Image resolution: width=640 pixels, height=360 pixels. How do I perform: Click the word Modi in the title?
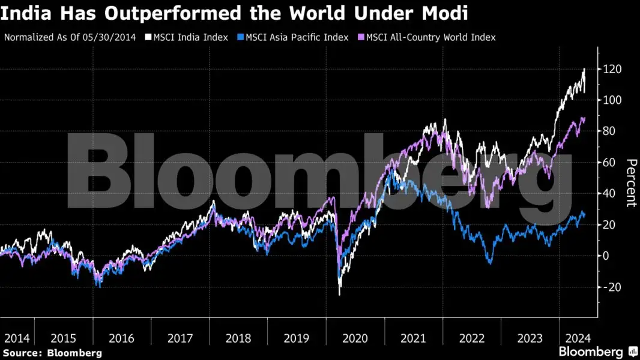click(446, 13)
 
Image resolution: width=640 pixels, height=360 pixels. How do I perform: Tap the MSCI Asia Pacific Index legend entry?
click(297, 37)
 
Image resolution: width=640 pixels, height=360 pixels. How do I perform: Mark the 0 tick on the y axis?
click(606, 256)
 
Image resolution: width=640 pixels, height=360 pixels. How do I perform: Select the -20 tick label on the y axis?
click(611, 287)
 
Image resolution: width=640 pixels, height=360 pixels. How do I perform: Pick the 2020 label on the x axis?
click(355, 338)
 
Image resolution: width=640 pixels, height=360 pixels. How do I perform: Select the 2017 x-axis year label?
click(180, 338)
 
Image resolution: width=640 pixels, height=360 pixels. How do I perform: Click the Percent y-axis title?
click(630, 182)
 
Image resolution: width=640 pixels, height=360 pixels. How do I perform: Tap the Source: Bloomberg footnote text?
click(52, 353)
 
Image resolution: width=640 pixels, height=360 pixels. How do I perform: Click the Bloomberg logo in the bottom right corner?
click(598, 352)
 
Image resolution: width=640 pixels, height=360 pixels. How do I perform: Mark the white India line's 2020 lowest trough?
click(340, 294)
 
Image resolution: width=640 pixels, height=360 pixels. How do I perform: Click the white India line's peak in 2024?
click(584, 69)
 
